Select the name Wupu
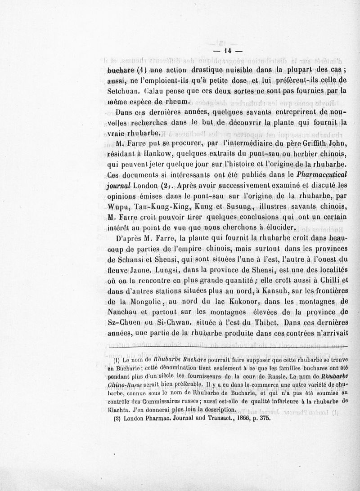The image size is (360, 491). point(119,206)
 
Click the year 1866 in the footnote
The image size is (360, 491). point(232,418)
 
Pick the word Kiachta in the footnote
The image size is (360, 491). point(118,409)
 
